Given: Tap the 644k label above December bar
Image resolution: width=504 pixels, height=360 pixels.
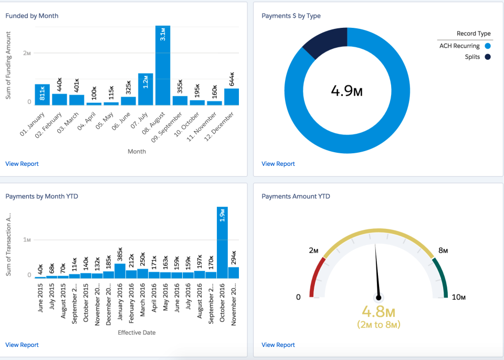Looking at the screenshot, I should [232, 79].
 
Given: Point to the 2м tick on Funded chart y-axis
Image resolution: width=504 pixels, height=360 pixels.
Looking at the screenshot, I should [27, 54].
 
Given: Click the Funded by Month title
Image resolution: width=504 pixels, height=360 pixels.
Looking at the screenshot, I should [31, 16].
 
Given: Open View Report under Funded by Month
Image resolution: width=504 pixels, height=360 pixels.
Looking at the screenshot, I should [22, 164].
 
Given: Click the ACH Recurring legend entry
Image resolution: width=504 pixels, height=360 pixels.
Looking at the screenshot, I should [464, 46].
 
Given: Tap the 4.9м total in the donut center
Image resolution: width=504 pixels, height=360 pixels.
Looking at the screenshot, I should [346, 91].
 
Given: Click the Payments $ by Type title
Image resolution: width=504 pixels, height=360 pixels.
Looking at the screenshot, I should [291, 16].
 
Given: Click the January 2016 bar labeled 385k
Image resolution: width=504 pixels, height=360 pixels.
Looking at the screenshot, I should [120, 271].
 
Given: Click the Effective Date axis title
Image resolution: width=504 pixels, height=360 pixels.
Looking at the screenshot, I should [136, 332].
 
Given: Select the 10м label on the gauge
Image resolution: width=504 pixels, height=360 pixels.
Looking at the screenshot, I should [458, 298].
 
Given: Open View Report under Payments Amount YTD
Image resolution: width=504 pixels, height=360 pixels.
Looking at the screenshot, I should [278, 345].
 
